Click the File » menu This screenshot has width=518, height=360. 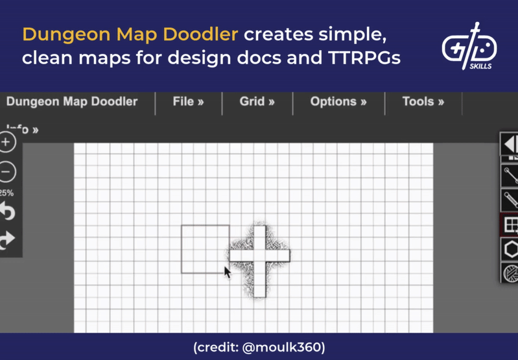(188, 102)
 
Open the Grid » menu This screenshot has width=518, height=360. (257, 102)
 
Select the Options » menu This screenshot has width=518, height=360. (338, 102)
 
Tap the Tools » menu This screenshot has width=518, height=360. (423, 102)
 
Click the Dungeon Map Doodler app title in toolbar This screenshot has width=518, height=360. (71, 102)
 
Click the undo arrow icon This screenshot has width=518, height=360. (7, 211)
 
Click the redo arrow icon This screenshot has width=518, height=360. (7, 241)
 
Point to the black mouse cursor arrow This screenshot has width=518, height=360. (227, 272)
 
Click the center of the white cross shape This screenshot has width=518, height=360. (259, 256)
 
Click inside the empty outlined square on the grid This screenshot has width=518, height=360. (205, 248)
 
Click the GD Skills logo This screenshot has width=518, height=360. (469, 47)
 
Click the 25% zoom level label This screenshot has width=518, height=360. (6, 193)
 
